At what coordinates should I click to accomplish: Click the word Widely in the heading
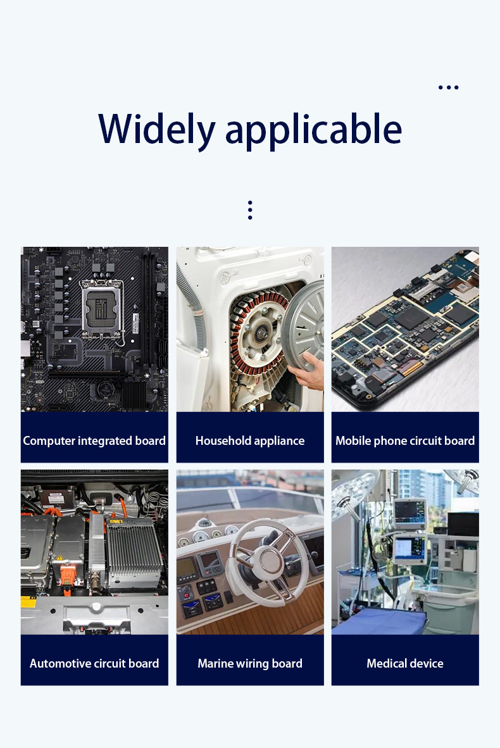pos(157,130)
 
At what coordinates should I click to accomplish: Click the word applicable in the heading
pos(313,130)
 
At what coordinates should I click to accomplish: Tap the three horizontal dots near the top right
pos(449,87)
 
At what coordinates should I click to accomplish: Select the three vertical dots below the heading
pos(250,210)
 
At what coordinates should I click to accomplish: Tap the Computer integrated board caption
pos(94,441)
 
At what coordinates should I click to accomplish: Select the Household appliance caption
pos(250,441)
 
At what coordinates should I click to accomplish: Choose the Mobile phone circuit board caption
pos(405,441)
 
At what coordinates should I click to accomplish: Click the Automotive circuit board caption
pos(94,664)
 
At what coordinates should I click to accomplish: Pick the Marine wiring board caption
pos(250,664)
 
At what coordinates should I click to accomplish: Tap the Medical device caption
pos(405,664)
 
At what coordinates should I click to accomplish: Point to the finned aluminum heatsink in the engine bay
pos(133,553)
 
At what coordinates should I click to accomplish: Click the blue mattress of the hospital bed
pos(379,621)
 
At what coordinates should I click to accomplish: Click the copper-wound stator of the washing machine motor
pos(258,329)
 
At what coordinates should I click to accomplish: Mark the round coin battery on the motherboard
pos(106,389)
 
